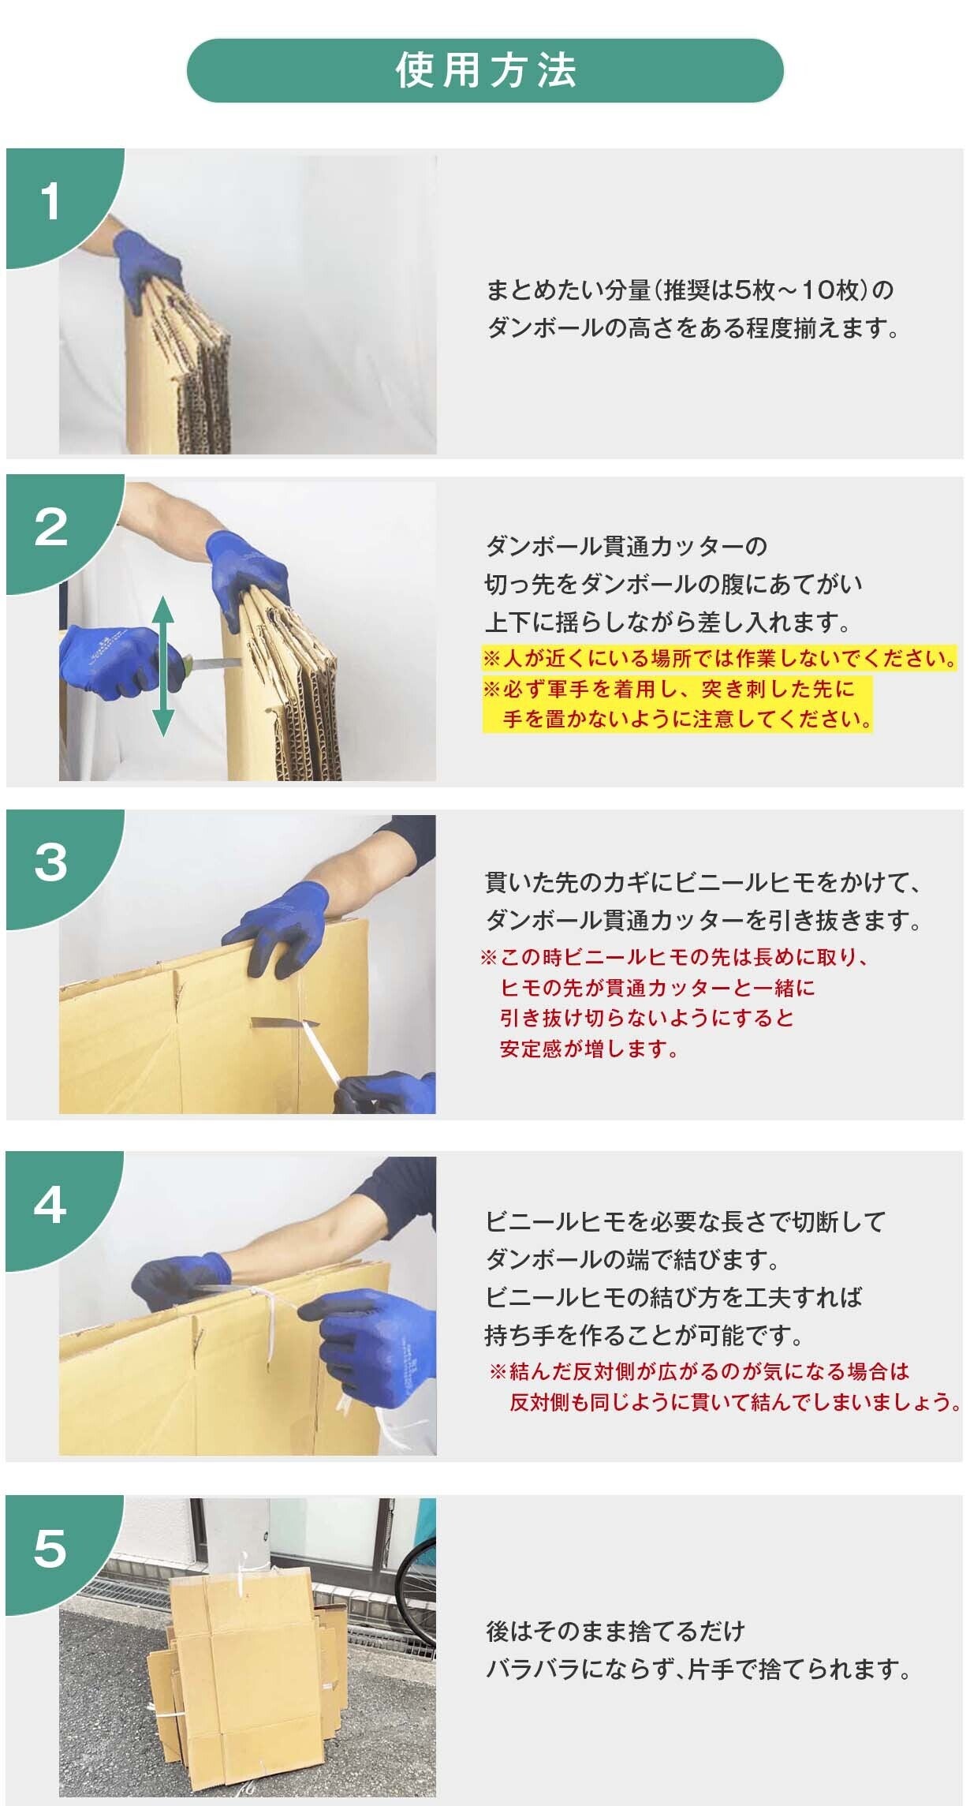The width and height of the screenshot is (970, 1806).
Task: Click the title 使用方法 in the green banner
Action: (486, 71)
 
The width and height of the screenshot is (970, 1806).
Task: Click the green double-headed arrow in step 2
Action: (163, 667)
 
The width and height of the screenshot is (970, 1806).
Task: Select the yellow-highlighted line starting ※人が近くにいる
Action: (720, 658)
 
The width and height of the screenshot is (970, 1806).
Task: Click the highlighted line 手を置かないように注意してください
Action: (687, 719)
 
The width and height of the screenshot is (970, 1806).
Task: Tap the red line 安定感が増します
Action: (589, 1049)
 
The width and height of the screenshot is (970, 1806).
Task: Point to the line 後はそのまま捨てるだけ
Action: (615, 1630)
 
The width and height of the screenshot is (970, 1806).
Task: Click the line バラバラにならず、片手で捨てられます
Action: (699, 1669)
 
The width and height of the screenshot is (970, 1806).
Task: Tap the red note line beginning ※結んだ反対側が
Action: (700, 1371)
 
